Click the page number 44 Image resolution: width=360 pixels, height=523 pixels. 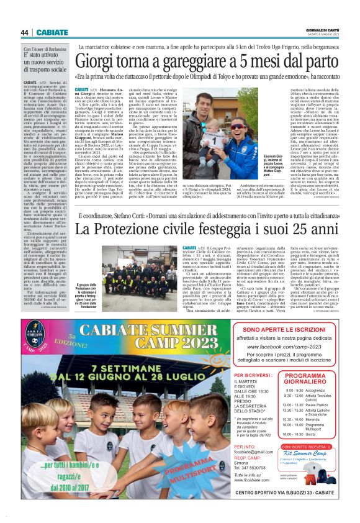[25, 32]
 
